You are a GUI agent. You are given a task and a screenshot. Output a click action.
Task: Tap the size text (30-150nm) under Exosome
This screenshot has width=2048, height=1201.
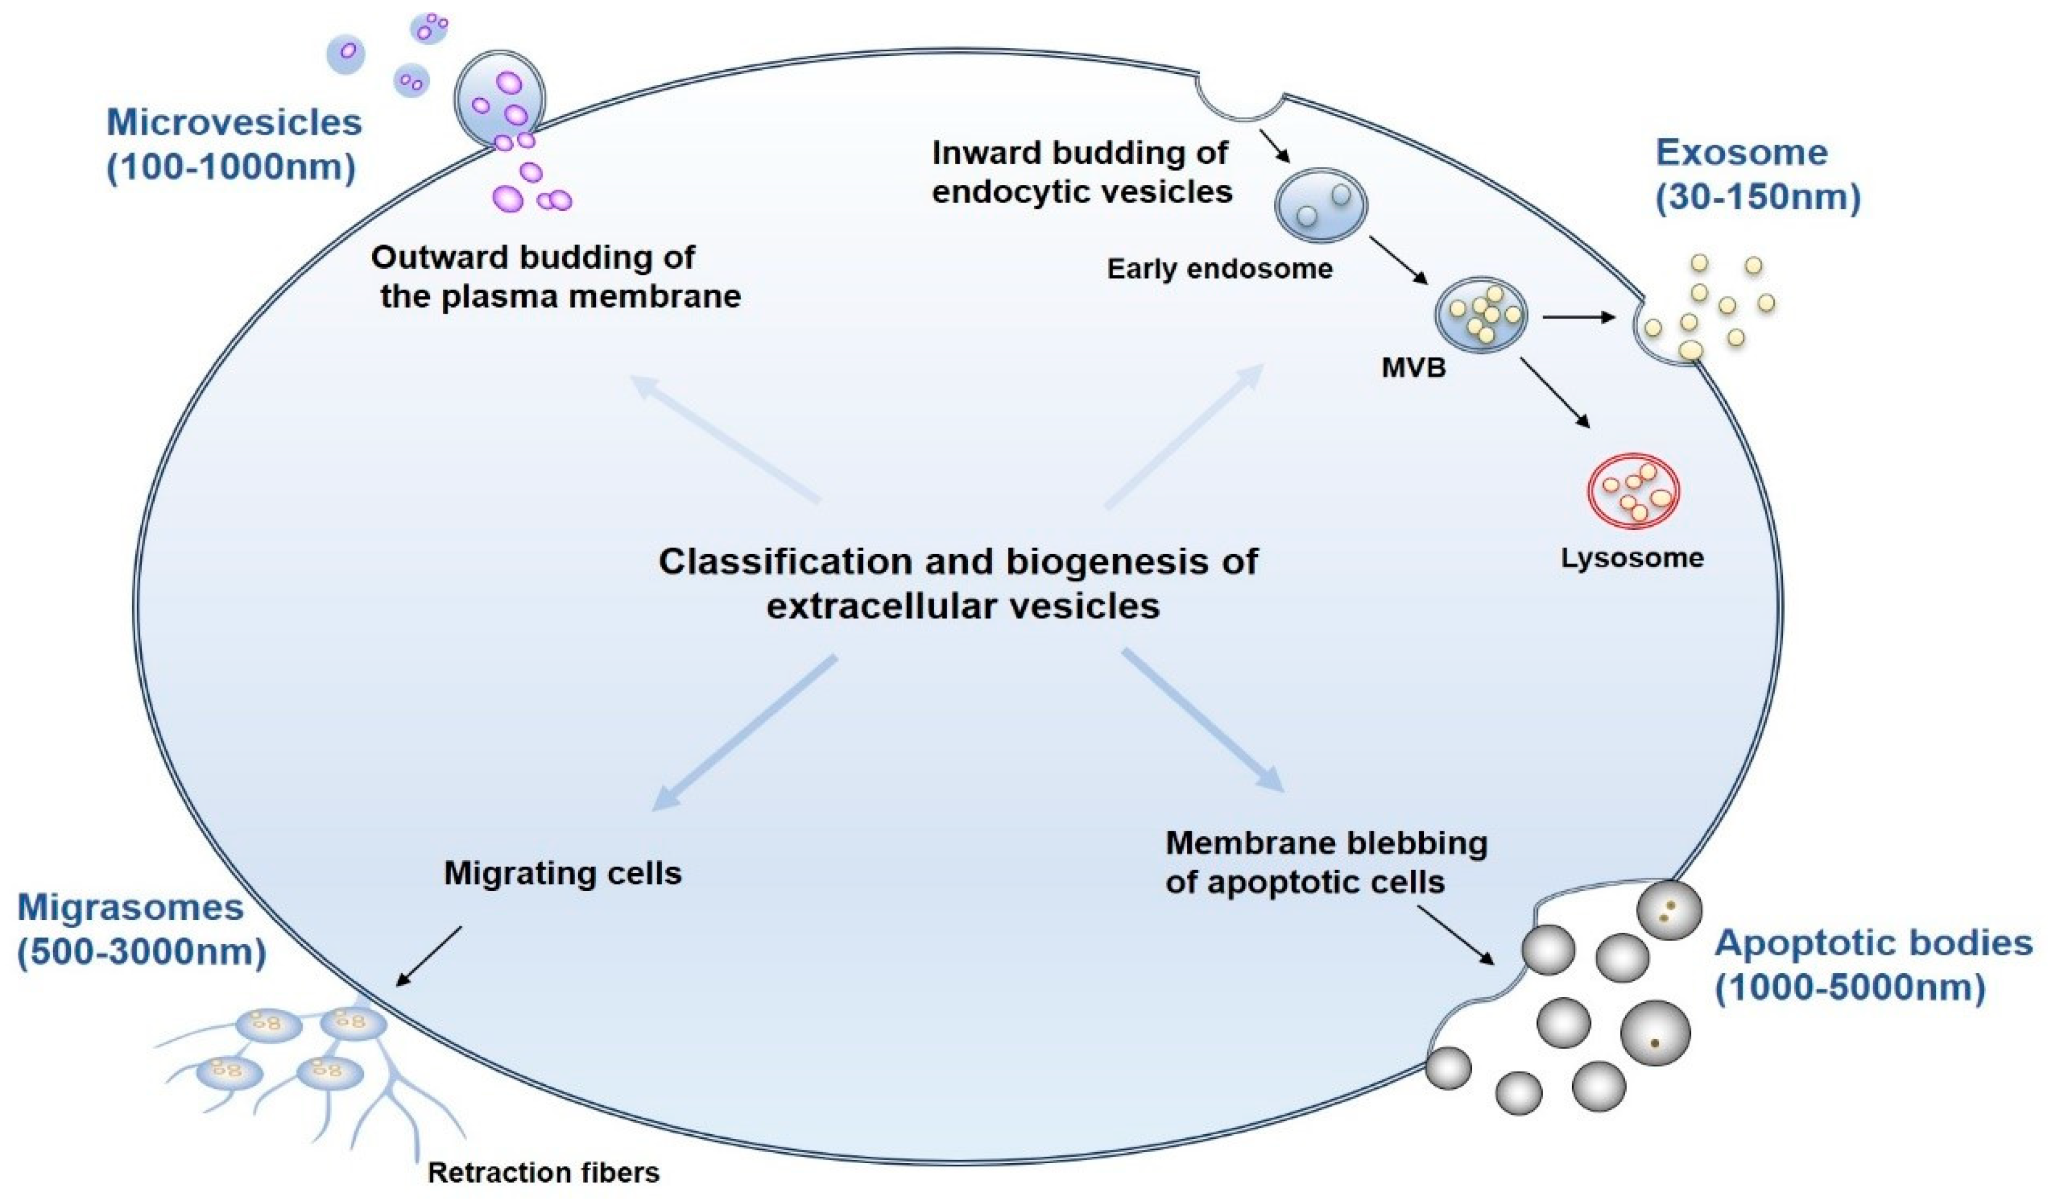tap(1758, 197)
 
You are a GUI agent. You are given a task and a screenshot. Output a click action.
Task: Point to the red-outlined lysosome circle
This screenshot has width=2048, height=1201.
tap(1633, 491)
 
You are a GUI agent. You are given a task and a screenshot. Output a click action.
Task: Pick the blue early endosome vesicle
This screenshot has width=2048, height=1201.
tap(1320, 206)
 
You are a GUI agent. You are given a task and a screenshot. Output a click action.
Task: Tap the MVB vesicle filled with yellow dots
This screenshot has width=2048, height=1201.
tap(1480, 316)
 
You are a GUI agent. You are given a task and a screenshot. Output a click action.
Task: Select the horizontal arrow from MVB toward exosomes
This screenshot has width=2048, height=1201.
tap(1577, 317)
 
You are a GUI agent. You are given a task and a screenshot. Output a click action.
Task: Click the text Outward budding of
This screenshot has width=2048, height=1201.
tap(532, 258)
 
